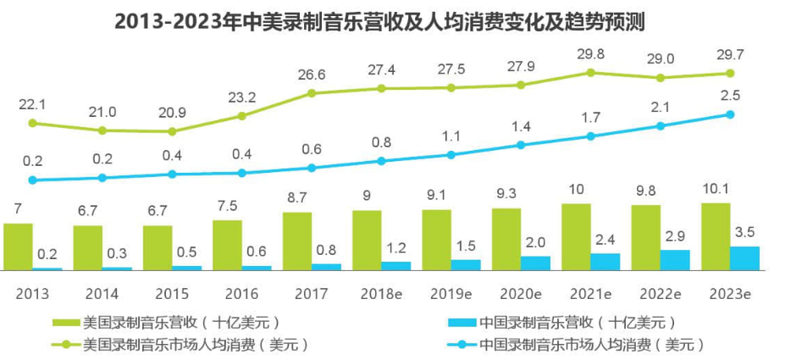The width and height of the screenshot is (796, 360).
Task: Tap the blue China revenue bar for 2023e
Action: coord(744,258)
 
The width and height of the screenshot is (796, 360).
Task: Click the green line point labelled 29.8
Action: coord(591,73)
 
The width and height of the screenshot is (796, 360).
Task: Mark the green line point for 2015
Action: coord(172,131)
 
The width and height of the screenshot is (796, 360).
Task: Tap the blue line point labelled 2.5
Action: coord(731,114)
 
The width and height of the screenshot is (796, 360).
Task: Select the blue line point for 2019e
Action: coord(451,155)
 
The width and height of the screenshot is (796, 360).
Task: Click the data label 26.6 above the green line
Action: coord(312,75)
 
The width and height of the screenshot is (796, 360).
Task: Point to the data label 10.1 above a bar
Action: coord(716,187)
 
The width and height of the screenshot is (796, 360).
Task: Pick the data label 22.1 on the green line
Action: coord(32,104)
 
